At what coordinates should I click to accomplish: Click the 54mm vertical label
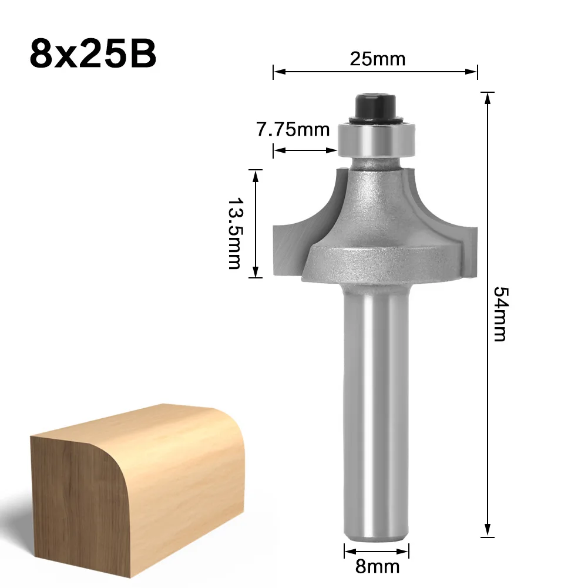coord(500,314)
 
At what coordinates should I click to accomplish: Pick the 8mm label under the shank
coord(376,566)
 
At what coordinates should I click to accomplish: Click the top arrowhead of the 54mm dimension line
coord(487,98)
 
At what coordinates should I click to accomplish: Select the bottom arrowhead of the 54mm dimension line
coord(487,532)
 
